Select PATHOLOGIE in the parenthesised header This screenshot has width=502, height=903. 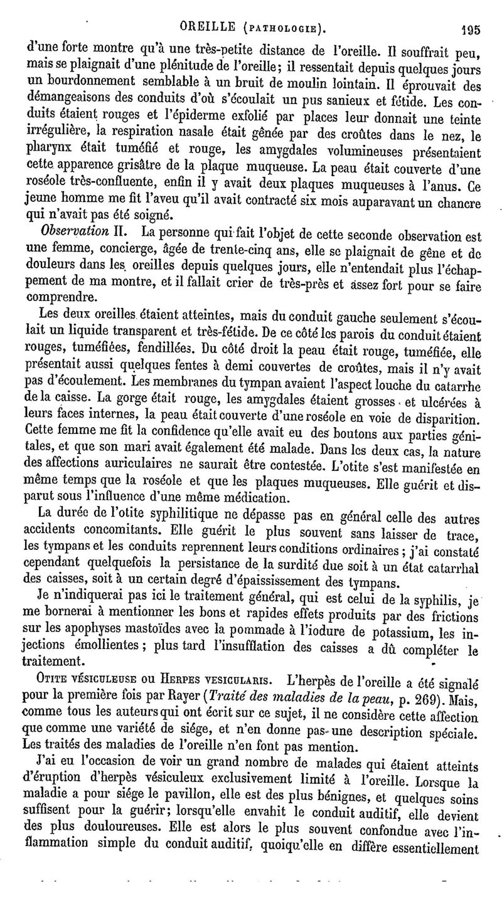[288, 28]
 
